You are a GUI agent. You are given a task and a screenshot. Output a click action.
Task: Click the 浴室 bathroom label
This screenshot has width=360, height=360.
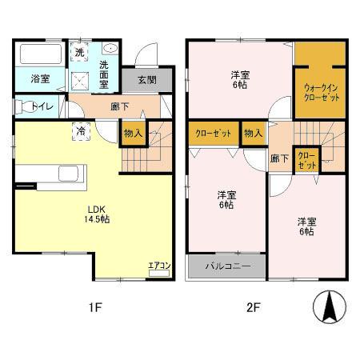coord(41,79)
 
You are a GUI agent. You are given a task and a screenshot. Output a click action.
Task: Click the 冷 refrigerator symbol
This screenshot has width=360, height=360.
coord(81,130)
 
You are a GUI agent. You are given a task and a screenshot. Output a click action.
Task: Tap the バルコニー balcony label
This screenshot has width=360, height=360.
coord(227,266)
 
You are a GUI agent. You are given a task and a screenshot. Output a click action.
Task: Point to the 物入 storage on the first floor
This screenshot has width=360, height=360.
coord(132,134)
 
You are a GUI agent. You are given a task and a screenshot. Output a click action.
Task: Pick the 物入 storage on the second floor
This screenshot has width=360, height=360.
coord(254,133)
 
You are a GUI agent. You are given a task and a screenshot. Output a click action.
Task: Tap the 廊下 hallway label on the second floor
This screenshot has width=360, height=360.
coord(279,158)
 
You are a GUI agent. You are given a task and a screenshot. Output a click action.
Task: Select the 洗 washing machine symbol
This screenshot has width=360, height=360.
coord(79,52)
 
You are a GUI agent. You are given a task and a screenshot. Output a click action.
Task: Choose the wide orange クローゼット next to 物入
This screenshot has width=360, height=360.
coord(211,133)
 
